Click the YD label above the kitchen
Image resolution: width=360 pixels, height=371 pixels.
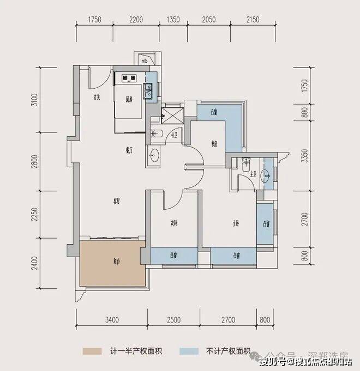tap(145, 62)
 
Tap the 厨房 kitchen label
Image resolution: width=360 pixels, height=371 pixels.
tap(129, 100)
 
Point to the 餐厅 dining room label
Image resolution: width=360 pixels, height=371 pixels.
tap(129, 152)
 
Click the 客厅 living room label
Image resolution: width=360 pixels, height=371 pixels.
tap(116, 201)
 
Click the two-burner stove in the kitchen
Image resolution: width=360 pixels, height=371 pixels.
tap(129, 78)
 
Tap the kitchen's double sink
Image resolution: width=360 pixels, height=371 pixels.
tap(147, 90)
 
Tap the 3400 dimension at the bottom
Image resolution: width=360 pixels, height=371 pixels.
tap(113, 319)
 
